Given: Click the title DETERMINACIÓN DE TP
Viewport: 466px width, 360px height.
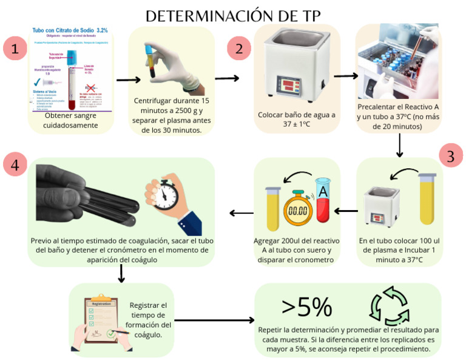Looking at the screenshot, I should click(233, 15).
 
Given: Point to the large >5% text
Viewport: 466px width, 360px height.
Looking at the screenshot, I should click(306, 308).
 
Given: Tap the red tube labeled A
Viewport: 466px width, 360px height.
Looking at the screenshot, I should click(322, 202).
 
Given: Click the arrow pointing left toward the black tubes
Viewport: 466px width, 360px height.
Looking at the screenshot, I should click(241, 213).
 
